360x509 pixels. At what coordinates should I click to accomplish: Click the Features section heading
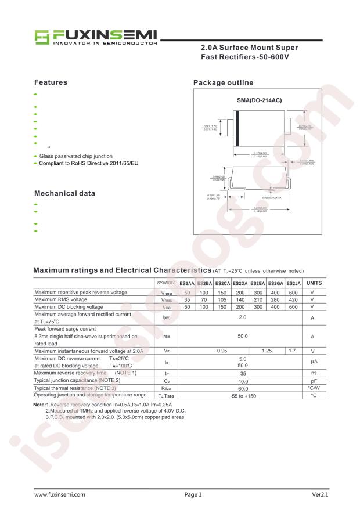51,82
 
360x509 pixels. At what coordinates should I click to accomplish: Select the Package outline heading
223,82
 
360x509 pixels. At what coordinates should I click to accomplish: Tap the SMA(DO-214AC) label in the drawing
259,100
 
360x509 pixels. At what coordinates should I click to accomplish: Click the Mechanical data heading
64,193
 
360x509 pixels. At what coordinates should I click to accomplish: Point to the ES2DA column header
240,283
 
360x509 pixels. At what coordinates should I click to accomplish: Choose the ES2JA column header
293,283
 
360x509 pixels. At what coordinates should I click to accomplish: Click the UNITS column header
314,283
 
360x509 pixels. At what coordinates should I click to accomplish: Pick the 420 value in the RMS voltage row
293,299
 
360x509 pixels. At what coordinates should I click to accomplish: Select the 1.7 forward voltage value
293,351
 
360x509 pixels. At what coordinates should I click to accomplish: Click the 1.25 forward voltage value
267,351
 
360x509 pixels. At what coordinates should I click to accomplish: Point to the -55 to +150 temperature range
240,395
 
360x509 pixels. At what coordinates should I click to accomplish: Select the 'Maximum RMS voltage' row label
60,299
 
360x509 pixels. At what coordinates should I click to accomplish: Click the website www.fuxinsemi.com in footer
60,495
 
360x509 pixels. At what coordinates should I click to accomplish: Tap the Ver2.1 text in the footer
320,495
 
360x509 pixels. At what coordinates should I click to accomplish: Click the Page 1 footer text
193,495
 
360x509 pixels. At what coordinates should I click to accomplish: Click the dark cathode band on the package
237,128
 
